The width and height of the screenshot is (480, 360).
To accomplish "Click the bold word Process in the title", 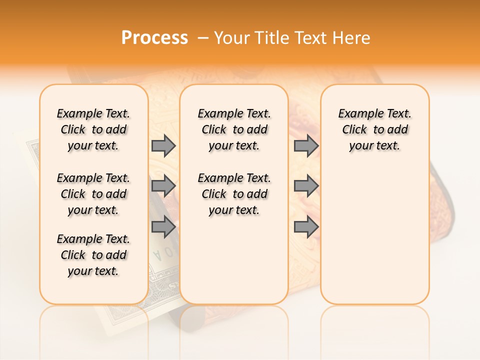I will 154,38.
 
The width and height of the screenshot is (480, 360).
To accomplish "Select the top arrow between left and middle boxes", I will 163,145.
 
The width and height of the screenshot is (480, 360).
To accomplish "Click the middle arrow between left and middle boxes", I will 163,186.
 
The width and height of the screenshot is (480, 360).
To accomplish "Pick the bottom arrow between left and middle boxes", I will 163,226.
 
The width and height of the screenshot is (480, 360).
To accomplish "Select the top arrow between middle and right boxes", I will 306,145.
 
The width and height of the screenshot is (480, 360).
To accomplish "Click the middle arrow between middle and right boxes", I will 306,186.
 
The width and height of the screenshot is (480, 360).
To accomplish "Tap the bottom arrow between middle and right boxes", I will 306,226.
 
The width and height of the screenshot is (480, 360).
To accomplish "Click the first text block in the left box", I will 93,129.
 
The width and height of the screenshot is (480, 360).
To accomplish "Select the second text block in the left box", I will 93,194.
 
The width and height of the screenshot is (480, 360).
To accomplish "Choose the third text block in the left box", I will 93,255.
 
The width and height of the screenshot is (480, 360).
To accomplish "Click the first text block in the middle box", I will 234,129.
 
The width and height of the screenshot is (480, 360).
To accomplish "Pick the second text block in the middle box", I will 234,194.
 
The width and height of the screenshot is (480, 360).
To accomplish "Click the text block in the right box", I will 374,129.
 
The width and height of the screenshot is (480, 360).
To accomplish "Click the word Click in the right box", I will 354,130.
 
